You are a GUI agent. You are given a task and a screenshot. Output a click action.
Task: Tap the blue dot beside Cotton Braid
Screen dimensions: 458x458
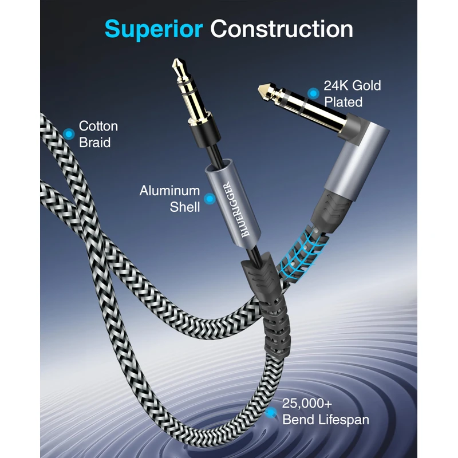pos(69,134)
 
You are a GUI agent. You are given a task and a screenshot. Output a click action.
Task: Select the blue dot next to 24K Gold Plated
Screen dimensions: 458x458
pos(313,93)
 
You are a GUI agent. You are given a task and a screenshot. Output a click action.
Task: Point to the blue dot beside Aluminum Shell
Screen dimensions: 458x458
pos(210,199)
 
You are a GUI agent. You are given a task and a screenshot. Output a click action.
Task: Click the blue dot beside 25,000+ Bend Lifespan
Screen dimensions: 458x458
pos(270,412)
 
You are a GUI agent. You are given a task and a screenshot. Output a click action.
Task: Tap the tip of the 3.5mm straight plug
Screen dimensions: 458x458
pos(177,61)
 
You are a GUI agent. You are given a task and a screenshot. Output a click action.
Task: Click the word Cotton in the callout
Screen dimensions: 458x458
pos(98,126)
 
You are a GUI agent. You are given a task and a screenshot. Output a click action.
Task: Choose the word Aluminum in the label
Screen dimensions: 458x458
pos(170,191)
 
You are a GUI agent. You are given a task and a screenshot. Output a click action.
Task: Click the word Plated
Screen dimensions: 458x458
pos(343,102)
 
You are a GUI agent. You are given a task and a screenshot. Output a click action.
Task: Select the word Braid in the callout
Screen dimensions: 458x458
pos(95,142)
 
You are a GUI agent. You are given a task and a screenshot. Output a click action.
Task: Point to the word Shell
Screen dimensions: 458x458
pos(185,207)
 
